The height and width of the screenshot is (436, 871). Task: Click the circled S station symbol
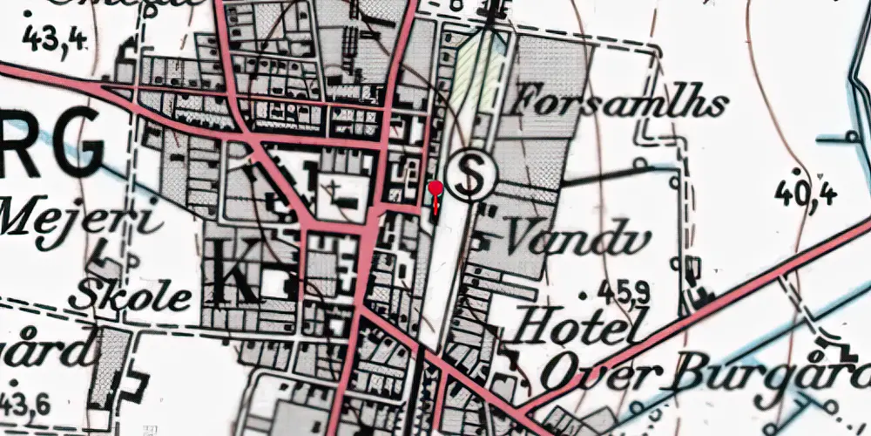pyautogui.click(x=470, y=176)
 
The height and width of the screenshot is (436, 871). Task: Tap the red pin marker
pyautogui.click(x=435, y=188)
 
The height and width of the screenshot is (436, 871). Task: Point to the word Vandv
pyautogui.click(x=553, y=235)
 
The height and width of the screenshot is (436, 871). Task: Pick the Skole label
pyautogui.click(x=131, y=295)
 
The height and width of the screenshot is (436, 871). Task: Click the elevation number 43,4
pyautogui.click(x=55, y=39)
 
